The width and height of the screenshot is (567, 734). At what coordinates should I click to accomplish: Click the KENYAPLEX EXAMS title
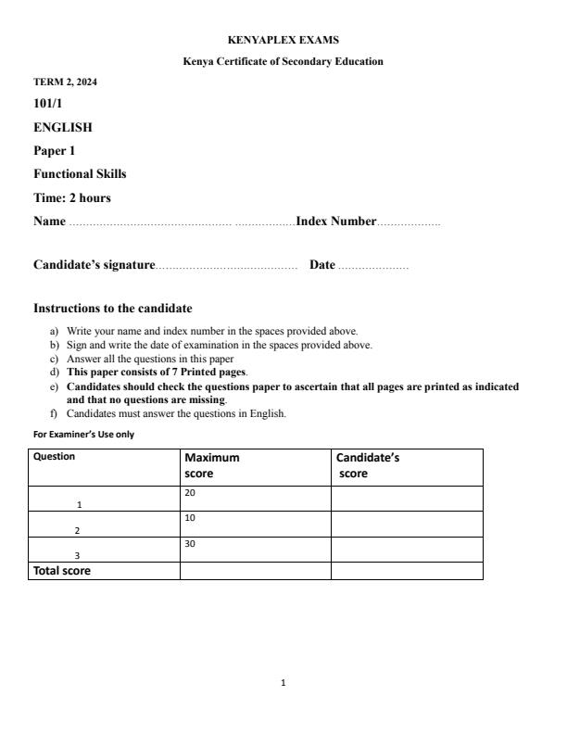[283, 41]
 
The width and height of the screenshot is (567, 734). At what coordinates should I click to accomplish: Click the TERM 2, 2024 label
[65, 82]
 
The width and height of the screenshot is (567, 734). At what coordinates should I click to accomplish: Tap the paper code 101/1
[48, 104]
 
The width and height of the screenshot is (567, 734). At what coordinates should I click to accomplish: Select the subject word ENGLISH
[63, 127]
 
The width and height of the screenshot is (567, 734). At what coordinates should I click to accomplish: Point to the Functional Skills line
[80, 173]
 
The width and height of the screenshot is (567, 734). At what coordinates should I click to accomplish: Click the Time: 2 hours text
[72, 197]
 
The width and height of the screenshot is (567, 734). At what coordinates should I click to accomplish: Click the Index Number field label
[336, 221]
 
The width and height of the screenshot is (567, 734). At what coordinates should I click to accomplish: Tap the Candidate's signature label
[94, 265]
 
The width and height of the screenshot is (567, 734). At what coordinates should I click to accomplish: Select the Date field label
[322, 265]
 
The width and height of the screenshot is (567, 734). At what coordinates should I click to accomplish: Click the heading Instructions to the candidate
[113, 308]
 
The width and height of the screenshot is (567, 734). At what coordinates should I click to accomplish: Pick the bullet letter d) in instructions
[54, 372]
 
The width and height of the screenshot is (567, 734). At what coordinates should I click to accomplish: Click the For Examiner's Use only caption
[83, 434]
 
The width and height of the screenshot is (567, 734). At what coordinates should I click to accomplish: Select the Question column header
[55, 457]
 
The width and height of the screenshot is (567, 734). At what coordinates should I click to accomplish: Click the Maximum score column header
[212, 465]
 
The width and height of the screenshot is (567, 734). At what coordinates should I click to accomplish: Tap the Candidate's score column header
[367, 465]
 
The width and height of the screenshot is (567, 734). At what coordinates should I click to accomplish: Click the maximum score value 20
[191, 494]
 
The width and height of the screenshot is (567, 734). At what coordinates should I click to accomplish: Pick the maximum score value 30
[191, 545]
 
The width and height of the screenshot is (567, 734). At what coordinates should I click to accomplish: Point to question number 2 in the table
[78, 531]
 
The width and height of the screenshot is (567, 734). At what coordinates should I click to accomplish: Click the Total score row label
[62, 571]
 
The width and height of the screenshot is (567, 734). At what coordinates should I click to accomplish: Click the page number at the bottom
[283, 683]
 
